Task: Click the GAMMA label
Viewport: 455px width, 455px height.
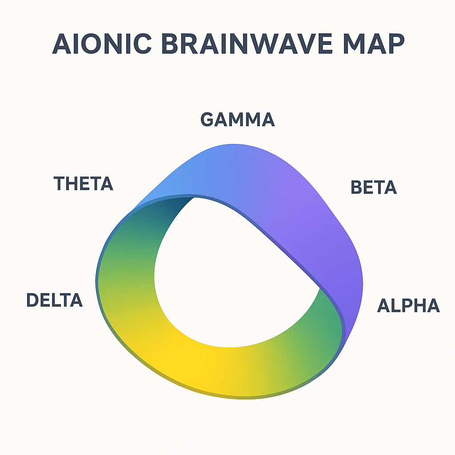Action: coord(237,119)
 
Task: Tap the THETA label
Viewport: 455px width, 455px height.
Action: coord(83,184)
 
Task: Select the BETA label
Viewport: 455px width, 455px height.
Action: coord(374,187)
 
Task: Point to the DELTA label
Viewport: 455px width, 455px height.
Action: coord(55,300)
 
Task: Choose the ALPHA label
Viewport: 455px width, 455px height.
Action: coord(409,305)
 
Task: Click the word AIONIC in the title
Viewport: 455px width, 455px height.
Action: coord(102,44)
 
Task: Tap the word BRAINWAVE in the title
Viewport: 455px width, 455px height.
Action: coord(247,44)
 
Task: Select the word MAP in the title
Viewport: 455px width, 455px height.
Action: coord(374,44)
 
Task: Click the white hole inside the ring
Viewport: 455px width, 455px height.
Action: coord(229,275)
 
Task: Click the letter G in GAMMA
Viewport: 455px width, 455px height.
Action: coord(207,119)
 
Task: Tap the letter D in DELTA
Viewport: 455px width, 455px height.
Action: coord(32,300)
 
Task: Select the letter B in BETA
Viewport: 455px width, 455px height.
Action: coord(356,187)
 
